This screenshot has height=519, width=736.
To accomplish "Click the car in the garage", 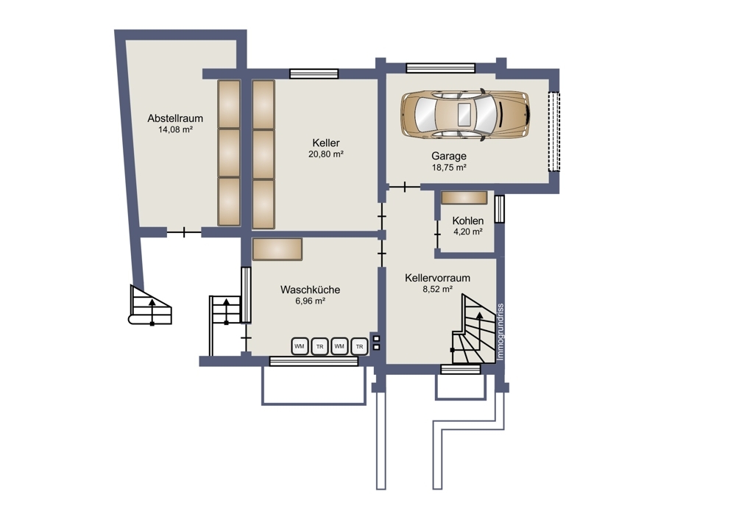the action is coord(465,114).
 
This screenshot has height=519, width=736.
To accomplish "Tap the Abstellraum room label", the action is coord(175,118).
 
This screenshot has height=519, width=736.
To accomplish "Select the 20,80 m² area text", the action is coord(326,154).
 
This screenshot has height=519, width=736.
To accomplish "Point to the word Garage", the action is coord(449,156).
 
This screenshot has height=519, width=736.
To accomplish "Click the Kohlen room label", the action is coord(468,221).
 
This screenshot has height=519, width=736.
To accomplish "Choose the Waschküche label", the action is coord(311,290).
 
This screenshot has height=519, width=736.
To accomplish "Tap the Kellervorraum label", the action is coord(437,278).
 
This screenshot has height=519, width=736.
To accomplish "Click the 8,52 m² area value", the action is coord(437,289).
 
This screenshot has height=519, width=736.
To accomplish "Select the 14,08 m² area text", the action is coord(175,129).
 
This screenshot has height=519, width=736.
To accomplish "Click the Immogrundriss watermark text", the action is coord(500,332).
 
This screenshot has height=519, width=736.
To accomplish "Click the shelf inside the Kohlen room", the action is coord(464,197).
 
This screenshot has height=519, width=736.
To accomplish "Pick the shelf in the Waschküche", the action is coord(277,249).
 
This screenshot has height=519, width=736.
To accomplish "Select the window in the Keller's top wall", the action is coord(314,74).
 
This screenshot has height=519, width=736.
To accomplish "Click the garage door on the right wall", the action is coord(554,132).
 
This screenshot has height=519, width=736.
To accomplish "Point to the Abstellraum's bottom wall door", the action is coord(184,232).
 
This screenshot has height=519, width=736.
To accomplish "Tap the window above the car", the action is coord(441,68).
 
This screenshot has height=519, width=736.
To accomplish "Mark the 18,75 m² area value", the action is coord(449,168).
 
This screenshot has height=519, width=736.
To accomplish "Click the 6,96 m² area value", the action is coord(311,301).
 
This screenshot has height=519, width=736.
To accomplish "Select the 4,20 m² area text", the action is coord(468,232).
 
